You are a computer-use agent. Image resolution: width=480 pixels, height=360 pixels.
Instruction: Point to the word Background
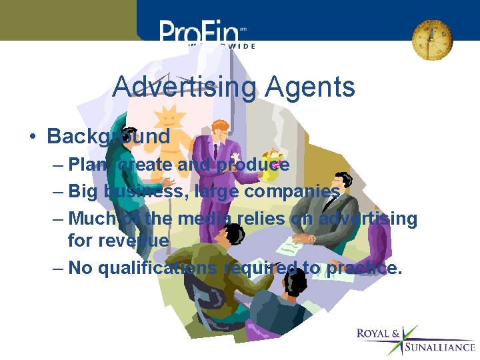tap(109, 137)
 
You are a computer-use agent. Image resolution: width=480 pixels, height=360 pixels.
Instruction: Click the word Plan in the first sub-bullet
tap(83, 165)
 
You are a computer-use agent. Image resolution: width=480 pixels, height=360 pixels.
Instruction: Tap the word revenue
tap(119, 240)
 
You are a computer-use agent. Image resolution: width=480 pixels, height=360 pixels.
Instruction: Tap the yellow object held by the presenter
tap(269, 167)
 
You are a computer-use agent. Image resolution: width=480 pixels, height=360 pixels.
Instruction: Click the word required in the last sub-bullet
tap(261, 267)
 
